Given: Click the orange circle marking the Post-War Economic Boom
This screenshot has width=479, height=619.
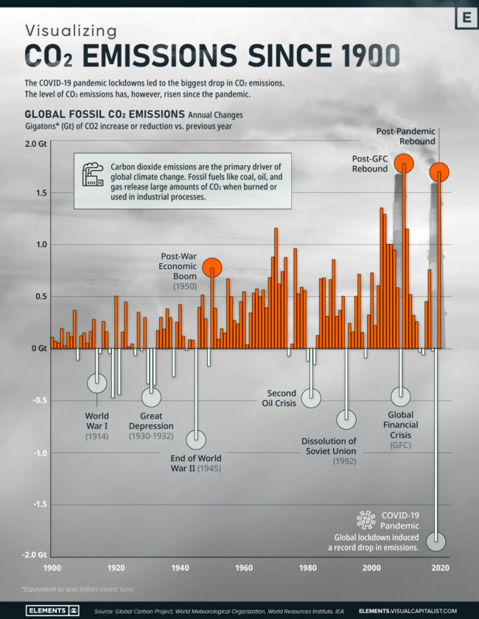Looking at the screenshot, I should [x=211, y=267].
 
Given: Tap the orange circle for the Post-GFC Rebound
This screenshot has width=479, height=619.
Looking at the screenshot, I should [x=404, y=164].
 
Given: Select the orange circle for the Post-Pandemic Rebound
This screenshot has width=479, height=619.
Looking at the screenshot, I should [x=439, y=172].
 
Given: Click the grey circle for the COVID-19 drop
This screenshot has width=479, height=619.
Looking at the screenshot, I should [x=436, y=541].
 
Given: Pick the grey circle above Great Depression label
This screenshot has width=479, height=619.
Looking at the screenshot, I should [x=151, y=396].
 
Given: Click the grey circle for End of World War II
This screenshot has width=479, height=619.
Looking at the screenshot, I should [x=195, y=440].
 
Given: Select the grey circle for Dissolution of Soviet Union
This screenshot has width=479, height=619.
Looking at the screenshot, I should [x=346, y=419].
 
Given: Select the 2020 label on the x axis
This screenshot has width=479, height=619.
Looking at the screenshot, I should [x=440, y=568].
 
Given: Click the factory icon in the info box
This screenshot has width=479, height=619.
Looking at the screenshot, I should [x=93, y=174].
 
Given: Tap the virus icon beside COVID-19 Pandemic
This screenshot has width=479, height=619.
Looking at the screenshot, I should [x=366, y=520].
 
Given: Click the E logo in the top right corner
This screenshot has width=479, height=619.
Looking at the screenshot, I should [x=466, y=18].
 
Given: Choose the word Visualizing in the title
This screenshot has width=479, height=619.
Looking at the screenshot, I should [x=71, y=30].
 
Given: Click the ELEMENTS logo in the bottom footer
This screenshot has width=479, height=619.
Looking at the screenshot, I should [x=53, y=611].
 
